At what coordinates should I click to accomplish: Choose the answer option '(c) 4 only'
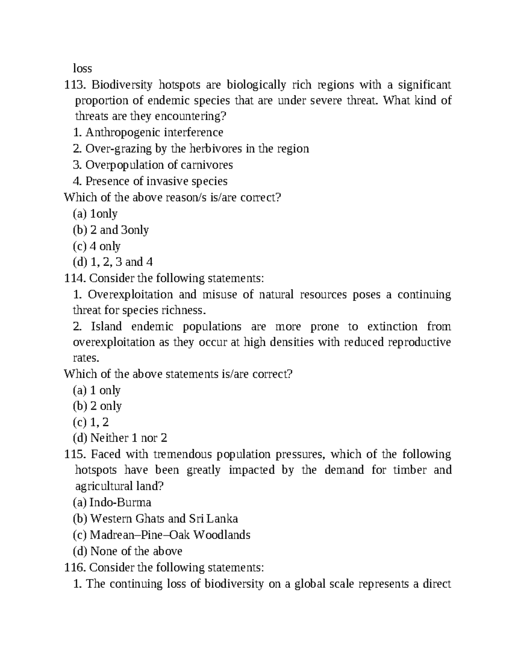97,246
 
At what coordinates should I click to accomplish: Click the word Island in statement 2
106,327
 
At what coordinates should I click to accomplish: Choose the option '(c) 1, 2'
91,422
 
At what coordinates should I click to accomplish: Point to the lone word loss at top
82,68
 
